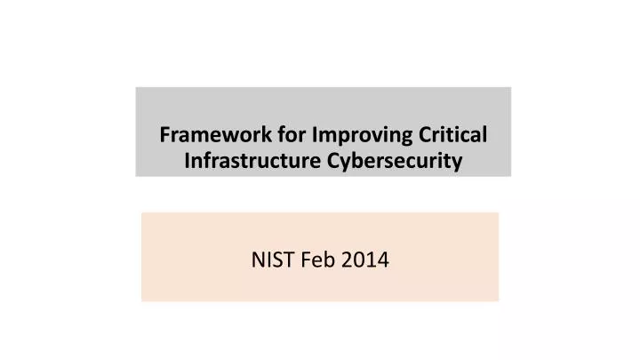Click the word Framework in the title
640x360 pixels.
[x=205, y=136]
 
